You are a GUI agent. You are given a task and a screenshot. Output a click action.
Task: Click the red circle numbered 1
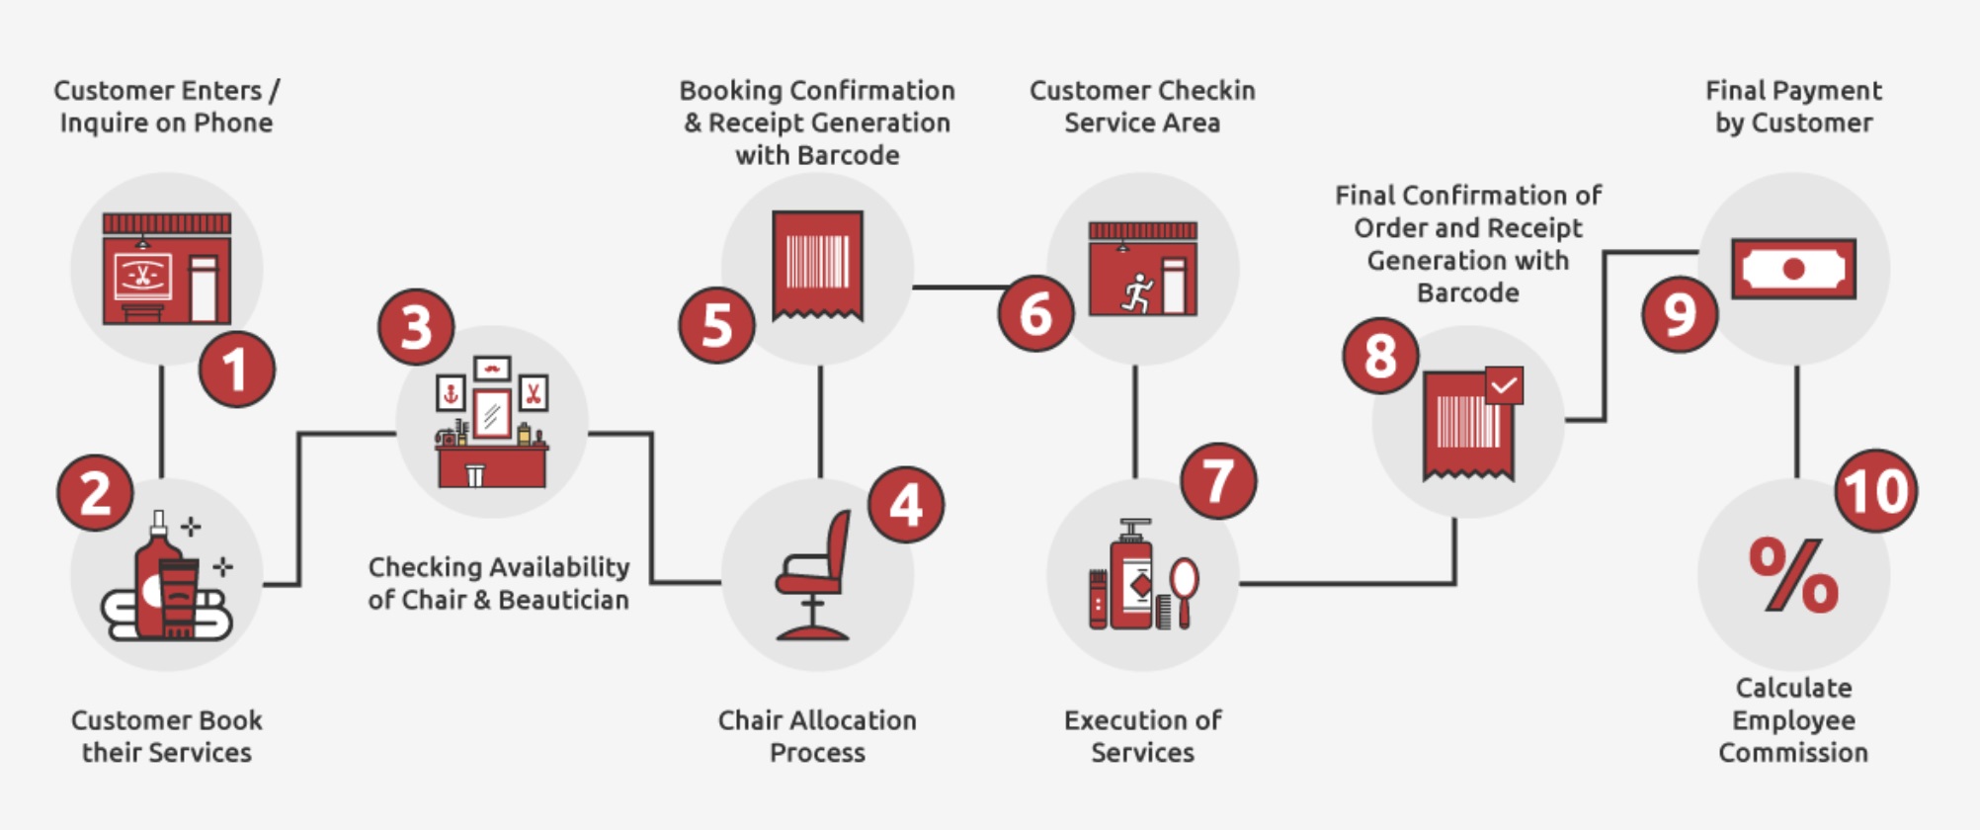[x=236, y=370]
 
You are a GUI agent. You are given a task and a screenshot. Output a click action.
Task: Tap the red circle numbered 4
[x=905, y=505]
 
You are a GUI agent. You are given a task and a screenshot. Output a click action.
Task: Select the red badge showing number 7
[x=1218, y=480]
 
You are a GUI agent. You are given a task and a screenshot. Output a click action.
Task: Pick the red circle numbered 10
[x=1875, y=491]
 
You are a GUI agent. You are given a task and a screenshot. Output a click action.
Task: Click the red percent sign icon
[x=1793, y=575]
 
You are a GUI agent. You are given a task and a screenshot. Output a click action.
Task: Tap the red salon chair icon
[x=814, y=578]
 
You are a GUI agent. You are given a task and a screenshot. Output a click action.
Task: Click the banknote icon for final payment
[x=1793, y=269]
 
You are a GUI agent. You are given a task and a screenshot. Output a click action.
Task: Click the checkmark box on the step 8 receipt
[x=1503, y=385]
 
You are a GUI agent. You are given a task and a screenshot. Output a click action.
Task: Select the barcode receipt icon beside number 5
[x=817, y=264]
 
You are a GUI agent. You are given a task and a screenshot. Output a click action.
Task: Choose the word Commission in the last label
[x=1792, y=752]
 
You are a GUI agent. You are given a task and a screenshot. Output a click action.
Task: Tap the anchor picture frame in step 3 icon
[x=451, y=393]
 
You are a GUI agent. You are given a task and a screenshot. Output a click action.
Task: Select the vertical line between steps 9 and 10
[x=1795, y=422]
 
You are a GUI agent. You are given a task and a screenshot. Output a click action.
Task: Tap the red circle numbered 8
[x=1380, y=356]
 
